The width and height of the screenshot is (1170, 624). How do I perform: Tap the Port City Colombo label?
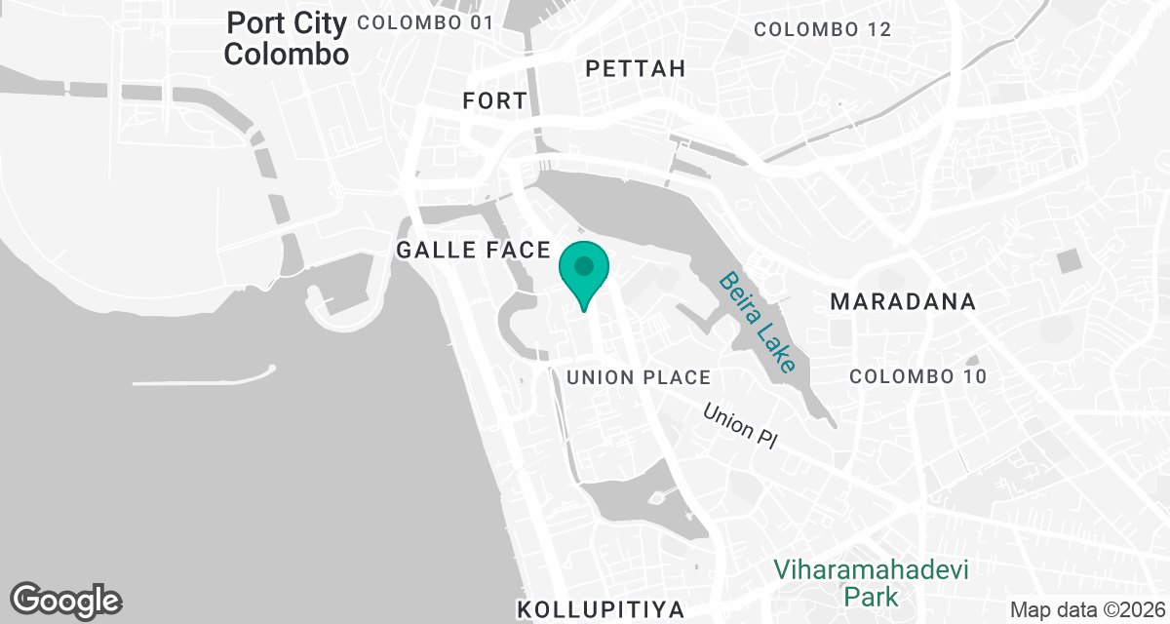click(286, 38)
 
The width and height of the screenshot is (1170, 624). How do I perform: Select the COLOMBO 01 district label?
click(426, 21)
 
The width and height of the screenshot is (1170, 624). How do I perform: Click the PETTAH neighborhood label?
click(636, 68)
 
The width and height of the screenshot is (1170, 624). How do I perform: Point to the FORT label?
click(495, 100)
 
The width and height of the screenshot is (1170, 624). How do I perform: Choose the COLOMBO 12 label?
click(823, 29)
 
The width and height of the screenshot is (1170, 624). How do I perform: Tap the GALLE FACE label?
click(474, 251)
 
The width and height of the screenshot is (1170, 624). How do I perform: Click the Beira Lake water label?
click(759, 322)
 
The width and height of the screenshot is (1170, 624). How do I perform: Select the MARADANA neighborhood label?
click(903, 302)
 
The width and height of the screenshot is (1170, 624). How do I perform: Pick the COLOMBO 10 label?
click(918, 376)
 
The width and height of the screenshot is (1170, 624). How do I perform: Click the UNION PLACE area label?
click(639, 377)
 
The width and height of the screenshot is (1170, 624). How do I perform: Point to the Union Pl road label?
click(740, 427)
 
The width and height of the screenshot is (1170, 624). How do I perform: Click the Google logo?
click(65, 601)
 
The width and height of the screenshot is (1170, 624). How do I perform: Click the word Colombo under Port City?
click(286, 55)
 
